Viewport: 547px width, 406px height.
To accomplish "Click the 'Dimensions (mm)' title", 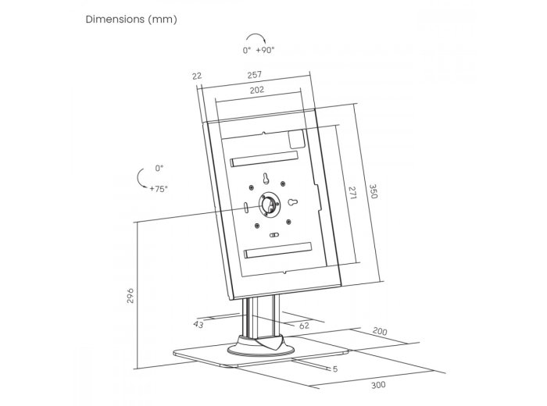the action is (131, 20).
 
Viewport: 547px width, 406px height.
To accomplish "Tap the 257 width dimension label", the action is (254, 75).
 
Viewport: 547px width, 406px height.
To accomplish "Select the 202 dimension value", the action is (257, 90).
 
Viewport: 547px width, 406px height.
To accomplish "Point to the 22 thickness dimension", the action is (197, 76).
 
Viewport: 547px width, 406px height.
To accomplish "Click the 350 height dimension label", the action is (373, 191).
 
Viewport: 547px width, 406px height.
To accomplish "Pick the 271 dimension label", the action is (352, 193).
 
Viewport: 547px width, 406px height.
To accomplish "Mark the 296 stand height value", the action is (130, 296).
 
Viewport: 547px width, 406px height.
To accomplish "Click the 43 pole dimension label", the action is (198, 324).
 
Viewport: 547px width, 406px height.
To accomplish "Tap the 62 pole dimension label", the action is (304, 325).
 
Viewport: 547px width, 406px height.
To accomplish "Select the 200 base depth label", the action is (380, 331).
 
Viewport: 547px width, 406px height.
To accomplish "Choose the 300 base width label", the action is (378, 385).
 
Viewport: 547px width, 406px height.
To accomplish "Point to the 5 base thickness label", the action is (335, 369).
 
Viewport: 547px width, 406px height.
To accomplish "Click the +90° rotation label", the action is (265, 50).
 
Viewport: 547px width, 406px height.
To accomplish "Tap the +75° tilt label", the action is (159, 189).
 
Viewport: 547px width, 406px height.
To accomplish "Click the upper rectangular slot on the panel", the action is (264, 159).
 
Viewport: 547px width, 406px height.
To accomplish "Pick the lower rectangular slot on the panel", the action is (278, 251).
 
